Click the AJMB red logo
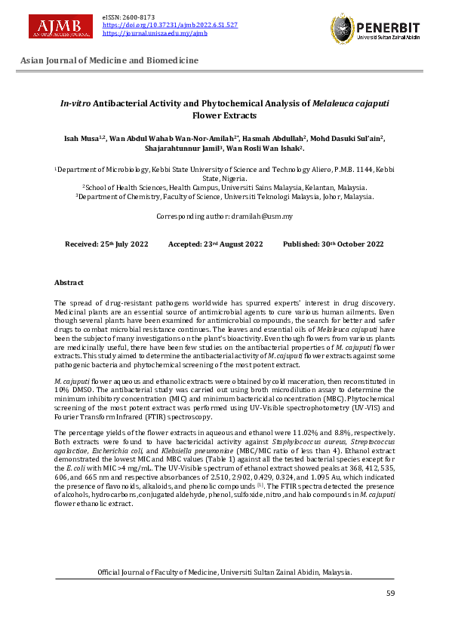[x=60, y=26]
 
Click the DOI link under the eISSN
[x=170, y=25]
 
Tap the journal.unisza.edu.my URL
[x=155, y=33]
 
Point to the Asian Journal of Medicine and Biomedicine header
[x=109, y=60]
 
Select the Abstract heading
[x=69, y=282]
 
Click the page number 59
[x=390, y=594]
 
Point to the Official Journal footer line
[x=224, y=572]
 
